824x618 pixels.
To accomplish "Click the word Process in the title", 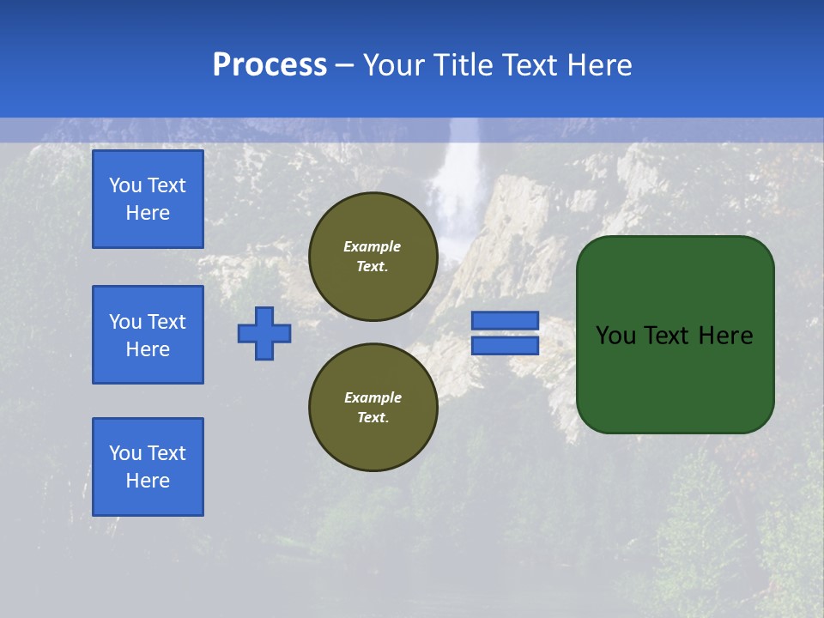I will tap(270, 65).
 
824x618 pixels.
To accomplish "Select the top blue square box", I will tap(148, 199).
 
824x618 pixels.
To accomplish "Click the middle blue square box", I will tap(148, 335).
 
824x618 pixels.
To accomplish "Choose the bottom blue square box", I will tap(148, 466).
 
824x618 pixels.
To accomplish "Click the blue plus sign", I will tap(264, 333).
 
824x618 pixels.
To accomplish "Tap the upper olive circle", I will tap(373, 257).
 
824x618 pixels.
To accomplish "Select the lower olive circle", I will tap(373, 407).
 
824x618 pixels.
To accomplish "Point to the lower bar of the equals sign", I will tap(505, 345).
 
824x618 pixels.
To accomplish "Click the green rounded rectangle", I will tap(675, 378).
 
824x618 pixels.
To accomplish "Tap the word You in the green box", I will tap(615, 336).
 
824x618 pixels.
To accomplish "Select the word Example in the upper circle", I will tap(373, 246).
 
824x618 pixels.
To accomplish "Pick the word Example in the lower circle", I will tap(373, 397).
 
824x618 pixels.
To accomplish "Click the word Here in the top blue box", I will tap(148, 213).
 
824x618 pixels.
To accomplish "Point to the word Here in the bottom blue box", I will tap(148, 481).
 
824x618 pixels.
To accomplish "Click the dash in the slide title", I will tap(344, 65).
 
